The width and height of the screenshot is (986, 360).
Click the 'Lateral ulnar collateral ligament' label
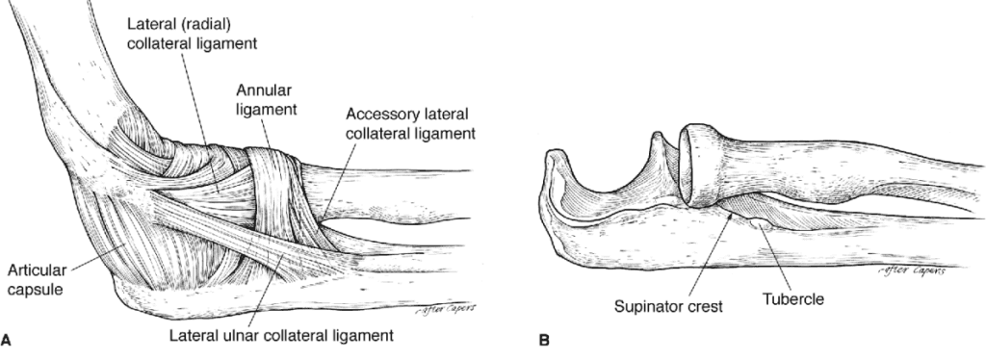click(281, 336)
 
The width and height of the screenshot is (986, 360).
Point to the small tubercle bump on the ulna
click(763, 225)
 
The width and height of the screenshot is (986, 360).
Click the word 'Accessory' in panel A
click(373, 115)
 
